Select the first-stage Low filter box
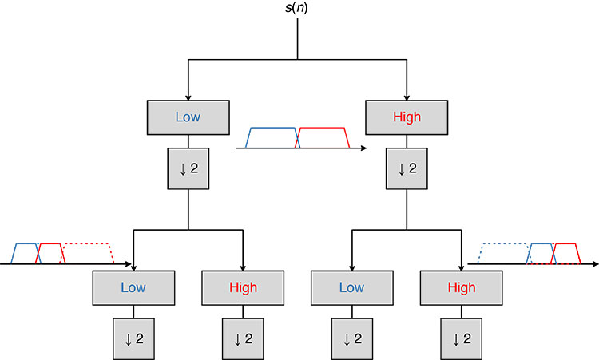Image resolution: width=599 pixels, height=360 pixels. tap(188, 117)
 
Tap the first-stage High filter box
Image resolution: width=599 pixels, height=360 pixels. tap(407, 117)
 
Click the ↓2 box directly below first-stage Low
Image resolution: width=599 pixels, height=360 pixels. tap(188, 168)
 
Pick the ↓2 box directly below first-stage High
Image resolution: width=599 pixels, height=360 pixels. tap(407, 168)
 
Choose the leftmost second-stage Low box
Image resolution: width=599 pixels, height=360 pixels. tap(133, 287)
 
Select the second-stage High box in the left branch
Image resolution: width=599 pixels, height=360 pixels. tap(242, 287)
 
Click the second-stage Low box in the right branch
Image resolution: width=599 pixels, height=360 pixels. tap(351, 287)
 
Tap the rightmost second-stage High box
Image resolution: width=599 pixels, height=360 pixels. tap(461, 287)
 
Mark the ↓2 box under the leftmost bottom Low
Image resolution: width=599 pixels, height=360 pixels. tap(133, 338)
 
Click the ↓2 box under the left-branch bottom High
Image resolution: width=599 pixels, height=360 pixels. tap(242, 338)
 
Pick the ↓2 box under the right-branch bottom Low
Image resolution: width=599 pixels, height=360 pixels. tap(351, 338)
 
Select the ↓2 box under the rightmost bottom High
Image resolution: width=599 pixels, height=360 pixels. tap(461, 338)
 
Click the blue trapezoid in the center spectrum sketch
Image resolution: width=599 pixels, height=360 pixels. tap(272, 137)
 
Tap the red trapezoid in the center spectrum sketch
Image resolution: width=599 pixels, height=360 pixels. tap(322, 137)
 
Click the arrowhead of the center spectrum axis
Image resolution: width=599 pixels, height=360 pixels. tap(364, 148)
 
